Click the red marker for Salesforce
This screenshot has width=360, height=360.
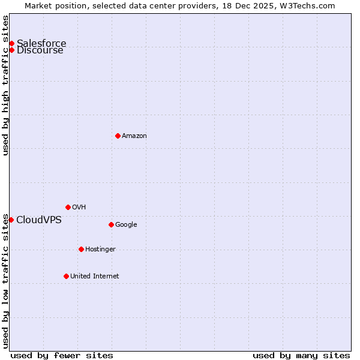point(11,43)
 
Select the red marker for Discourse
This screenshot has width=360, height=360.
point(11,50)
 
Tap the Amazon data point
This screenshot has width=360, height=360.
point(118,136)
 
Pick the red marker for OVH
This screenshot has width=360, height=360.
point(68,207)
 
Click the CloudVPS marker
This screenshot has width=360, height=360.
point(11,220)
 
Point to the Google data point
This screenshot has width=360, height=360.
point(111,224)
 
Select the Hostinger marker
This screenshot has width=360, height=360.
point(81,249)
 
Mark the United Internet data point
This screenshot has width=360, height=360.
point(66,276)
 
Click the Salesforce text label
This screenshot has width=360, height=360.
point(41,43)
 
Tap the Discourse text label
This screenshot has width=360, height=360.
point(40,50)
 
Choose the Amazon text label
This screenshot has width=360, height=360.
point(134,136)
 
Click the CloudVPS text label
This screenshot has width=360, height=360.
point(39,220)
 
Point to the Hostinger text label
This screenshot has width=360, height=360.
point(100,249)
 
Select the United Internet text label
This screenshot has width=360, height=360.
point(95,276)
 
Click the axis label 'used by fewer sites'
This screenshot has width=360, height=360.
point(62,355)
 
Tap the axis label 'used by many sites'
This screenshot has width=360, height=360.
point(301,355)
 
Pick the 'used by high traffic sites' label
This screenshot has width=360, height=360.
point(6,85)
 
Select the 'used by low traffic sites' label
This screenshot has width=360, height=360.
point(6,281)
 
